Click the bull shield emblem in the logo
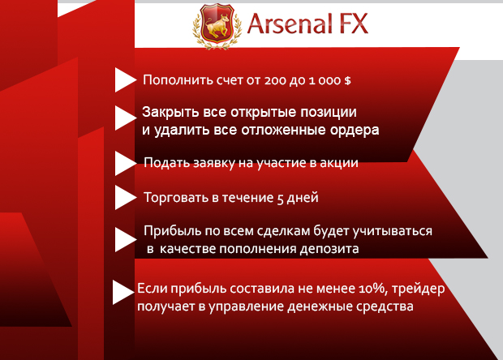pyautogui.click(x=217, y=26)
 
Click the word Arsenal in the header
pyautogui.click(x=290, y=24)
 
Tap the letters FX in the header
pyautogui.click(x=354, y=24)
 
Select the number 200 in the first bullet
pyautogui.click(x=275, y=80)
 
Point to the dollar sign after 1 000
pyautogui.click(x=347, y=80)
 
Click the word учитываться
pyautogui.click(x=393, y=231)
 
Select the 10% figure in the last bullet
pyautogui.click(x=371, y=289)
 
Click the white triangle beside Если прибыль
pyautogui.click(x=123, y=292)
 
